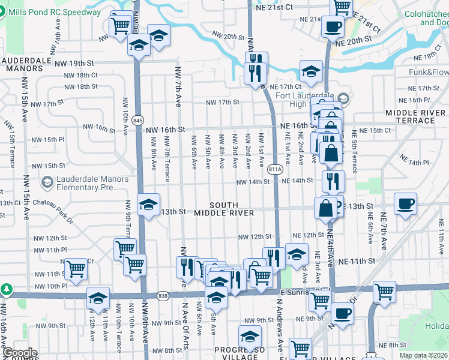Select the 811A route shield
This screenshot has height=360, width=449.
click(275, 169)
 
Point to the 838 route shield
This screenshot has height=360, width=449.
click(163, 295)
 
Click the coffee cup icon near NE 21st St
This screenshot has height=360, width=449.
click(333, 26)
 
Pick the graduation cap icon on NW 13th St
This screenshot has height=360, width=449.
click(148, 204)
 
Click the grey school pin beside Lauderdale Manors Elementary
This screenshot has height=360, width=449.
click(47, 181)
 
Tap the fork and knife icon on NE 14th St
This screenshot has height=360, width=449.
click(333, 180)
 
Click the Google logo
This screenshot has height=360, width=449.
click(20, 353)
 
